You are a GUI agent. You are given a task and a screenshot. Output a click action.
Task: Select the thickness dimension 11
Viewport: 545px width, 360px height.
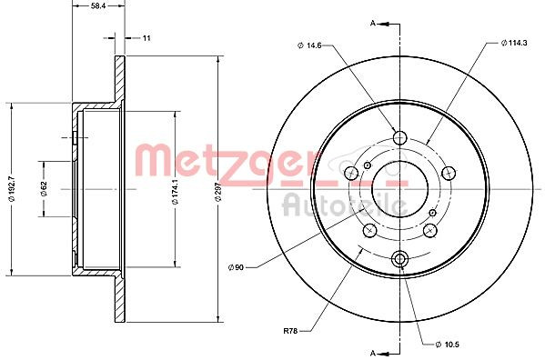point(146,37)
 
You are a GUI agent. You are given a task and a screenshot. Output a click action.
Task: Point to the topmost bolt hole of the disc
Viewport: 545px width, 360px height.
point(399,138)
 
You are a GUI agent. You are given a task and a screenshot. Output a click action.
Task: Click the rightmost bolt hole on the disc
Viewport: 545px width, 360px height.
point(448,174)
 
